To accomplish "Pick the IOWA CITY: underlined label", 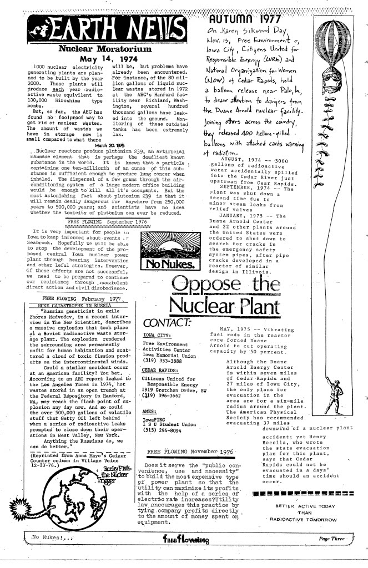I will coord(156,336).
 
